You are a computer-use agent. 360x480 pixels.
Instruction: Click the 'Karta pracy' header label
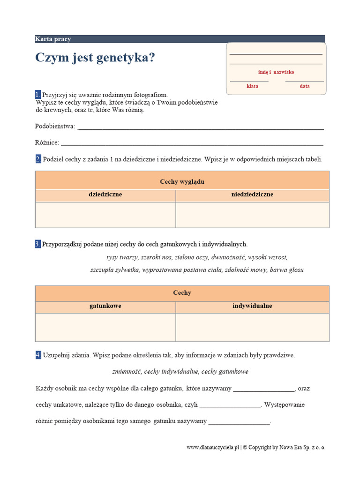click(x=53, y=39)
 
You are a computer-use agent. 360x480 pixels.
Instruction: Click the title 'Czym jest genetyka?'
click(x=95, y=58)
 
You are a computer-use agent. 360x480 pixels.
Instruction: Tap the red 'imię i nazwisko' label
click(x=276, y=72)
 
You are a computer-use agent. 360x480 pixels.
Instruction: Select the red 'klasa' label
click(x=253, y=86)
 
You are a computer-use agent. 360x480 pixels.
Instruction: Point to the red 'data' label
click(x=305, y=86)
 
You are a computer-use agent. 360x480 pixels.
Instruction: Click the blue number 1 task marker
click(x=38, y=95)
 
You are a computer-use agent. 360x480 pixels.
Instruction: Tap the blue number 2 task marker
click(x=38, y=159)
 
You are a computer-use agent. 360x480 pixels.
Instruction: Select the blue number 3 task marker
click(x=38, y=244)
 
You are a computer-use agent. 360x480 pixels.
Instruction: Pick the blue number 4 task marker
click(x=38, y=355)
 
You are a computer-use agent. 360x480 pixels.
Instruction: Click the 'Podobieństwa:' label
click(x=55, y=126)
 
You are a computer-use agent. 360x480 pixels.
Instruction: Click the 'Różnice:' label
click(x=47, y=142)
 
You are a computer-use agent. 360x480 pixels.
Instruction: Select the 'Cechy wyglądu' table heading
click(x=182, y=181)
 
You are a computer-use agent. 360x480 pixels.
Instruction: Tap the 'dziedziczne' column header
click(x=105, y=195)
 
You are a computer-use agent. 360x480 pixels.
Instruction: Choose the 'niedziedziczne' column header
click(x=252, y=195)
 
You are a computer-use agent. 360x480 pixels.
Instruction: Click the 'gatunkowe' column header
click(x=105, y=306)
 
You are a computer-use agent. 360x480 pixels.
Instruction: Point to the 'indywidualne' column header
click(x=252, y=306)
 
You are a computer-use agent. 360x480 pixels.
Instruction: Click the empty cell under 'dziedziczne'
click(x=105, y=215)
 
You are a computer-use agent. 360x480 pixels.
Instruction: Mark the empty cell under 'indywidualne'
click(x=252, y=327)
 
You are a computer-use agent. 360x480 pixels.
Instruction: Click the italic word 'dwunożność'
click(x=228, y=257)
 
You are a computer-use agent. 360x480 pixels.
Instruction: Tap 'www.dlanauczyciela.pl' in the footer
click(x=213, y=448)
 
